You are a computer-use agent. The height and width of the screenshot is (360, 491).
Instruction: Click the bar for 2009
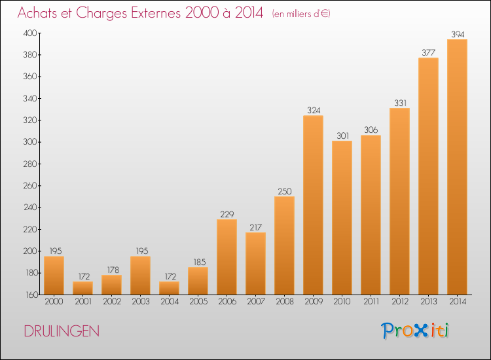coord(313,205)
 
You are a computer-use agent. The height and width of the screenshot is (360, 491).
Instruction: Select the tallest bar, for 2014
coord(457,167)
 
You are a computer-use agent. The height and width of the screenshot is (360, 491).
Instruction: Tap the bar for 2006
coord(227,257)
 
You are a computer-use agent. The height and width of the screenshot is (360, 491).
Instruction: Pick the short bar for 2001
coord(82,288)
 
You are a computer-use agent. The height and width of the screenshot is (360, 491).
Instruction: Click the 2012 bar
coord(399,202)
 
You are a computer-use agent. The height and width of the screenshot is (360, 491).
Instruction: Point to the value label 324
coord(314,110)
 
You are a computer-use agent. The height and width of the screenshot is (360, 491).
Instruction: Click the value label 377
coord(428,52)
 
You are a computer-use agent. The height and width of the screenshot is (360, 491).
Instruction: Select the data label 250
coord(285,191)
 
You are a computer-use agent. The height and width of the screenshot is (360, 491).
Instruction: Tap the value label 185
coord(200,262)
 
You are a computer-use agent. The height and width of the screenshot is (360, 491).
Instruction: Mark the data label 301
coord(342,135)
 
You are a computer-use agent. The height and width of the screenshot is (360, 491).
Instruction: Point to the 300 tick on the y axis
coord(30,142)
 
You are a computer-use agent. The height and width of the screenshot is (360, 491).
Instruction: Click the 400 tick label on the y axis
coord(30,33)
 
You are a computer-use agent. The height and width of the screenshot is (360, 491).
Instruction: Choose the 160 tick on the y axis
coord(31,295)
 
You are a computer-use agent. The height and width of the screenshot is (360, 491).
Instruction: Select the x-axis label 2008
coord(285,302)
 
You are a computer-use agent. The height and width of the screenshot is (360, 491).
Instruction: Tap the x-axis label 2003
coord(141,302)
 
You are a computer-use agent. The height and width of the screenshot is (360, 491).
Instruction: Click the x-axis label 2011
coord(371,302)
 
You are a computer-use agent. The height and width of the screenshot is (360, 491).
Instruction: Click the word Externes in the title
coord(156,13)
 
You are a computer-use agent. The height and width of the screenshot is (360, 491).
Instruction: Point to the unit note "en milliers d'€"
coord(301,14)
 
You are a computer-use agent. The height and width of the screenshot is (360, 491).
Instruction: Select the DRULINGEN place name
coord(62,331)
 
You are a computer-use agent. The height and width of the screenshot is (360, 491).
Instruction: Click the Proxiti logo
coord(415,331)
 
